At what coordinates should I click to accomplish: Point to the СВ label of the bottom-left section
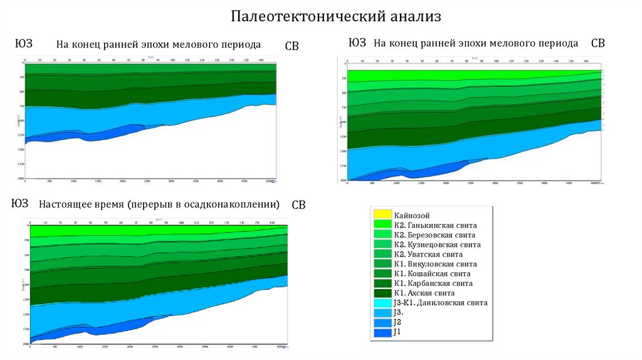tap(298, 206)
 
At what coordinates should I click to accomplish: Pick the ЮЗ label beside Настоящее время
tap(20, 203)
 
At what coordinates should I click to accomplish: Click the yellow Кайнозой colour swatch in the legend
tap(382, 215)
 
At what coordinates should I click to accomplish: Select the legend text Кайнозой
tap(412, 215)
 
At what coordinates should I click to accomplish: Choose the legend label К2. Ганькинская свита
tap(436, 225)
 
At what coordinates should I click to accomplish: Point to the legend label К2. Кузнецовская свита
tap(438, 245)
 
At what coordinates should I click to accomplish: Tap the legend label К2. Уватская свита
tap(429, 255)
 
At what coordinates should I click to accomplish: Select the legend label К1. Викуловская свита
tap(436, 264)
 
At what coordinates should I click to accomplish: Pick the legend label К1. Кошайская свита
tap(433, 273)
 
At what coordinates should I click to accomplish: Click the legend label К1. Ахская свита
tap(424, 293)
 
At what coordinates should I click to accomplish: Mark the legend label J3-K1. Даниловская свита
tap(441, 303)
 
